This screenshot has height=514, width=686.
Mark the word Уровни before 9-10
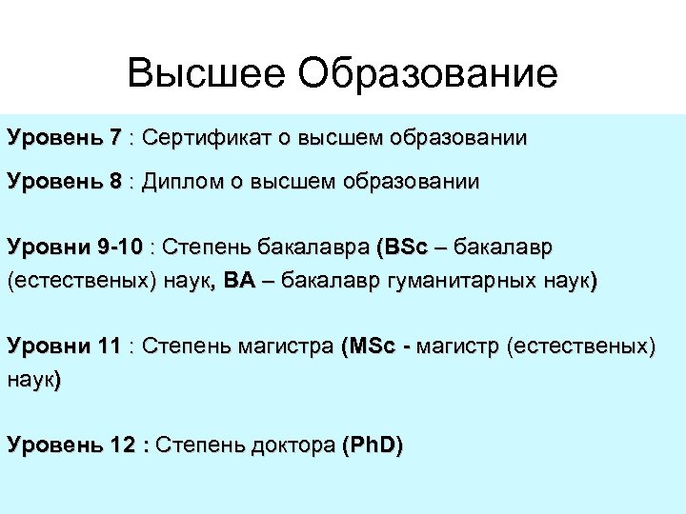click(48, 247)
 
